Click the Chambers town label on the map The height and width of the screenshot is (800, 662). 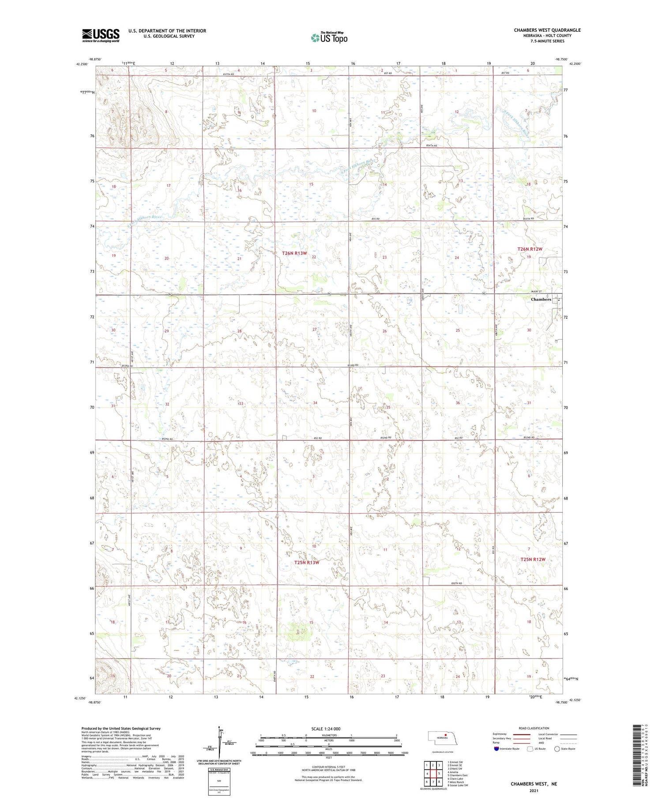(x=541, y=299)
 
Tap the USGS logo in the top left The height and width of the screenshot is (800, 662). (x=101, y=35)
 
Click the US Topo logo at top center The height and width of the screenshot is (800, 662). (x=329, y=38)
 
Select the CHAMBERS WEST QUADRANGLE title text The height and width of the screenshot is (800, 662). (x=547, y=30)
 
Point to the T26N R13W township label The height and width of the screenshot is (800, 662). (x=294, y=253)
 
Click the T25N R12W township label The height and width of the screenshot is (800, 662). (x=533, y=559)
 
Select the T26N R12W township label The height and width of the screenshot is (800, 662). (x=529, y=249)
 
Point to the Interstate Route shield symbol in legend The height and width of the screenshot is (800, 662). (x=496, y=749)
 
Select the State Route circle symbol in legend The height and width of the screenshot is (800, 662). (x=557, y=749)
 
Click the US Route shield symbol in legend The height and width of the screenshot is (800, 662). (x=530, y=749)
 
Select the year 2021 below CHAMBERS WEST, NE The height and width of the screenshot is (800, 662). (x=534, y=790)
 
